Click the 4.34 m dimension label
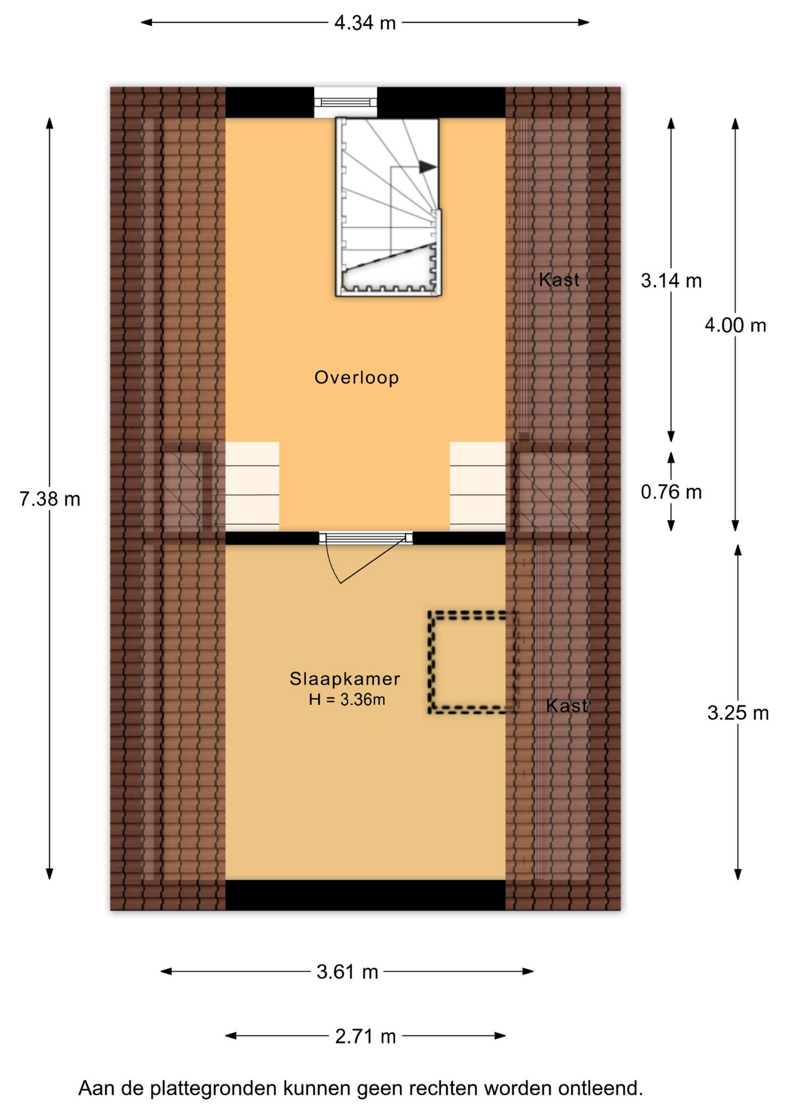[x=365, y=23]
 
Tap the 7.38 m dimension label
[x=50, y=499]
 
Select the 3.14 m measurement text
[x=671, y=281]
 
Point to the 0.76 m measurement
[x=671, y=492]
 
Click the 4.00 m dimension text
[x=735, y=325]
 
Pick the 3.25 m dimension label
[x=738, y=712]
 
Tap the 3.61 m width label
[x=347, y=971]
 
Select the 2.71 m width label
[x=366, y=1036]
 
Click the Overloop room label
[x=356, y=378]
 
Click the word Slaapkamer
[x=345, y=679]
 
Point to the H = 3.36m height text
[x=347, y=700]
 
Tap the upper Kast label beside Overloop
[x=559, y=280]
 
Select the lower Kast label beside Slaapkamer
[x=567, y=706]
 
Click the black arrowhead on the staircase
[x=428, y=167]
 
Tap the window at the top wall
[x=345, y=102]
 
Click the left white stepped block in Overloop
[x=252, y=486]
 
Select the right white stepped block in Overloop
[x=478, y=486]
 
